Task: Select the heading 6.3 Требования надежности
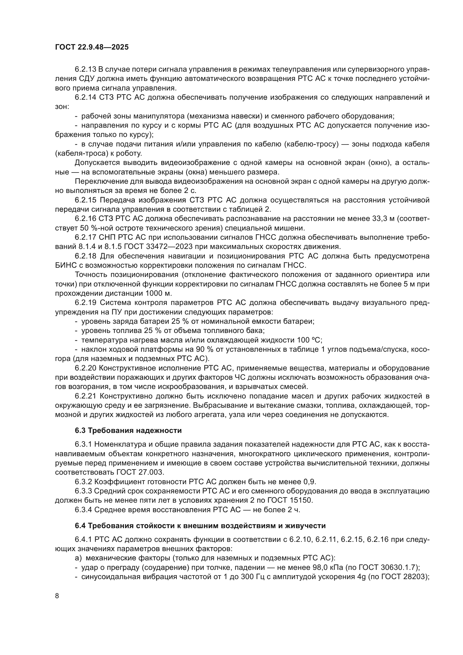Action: coord(128,430)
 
